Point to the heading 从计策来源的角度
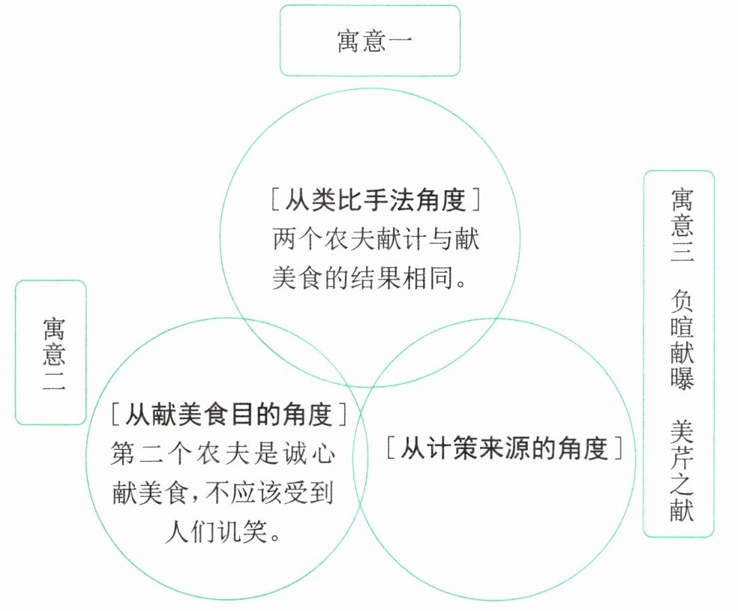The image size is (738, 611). tap(505, 449)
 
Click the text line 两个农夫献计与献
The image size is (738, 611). tap(375, 241)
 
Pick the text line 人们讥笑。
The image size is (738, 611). tap(222, 534)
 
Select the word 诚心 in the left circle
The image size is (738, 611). tap(308, 455)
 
